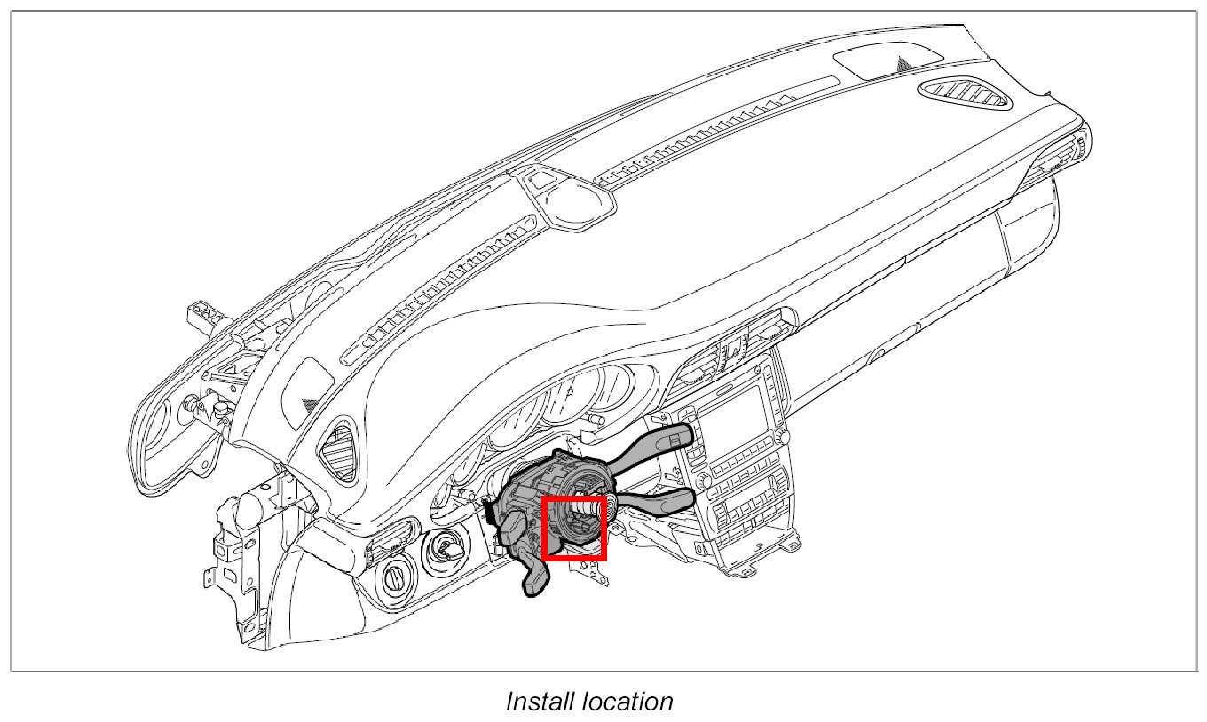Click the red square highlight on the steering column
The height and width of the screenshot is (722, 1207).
pyautogui.click(x=573, y=529)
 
